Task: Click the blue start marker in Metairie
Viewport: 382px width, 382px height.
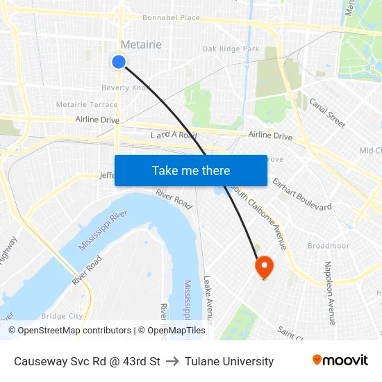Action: point(119,62)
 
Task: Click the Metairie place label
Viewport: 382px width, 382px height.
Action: point(141,45)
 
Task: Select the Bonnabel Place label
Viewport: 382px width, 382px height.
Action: point(171,18)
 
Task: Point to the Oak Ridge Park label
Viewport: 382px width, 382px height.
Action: point(231,49)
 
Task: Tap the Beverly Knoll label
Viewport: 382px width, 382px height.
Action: point(126,88)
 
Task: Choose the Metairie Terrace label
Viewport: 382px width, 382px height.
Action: point(87,105)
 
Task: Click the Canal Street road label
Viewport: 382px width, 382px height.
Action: point(327,113)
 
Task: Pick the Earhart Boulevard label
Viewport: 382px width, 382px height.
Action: point(302,194)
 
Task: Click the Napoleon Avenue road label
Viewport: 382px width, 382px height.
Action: point(329,292)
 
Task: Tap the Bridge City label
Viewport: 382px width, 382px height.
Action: point(62,316)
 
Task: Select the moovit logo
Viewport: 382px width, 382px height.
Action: point(340,360)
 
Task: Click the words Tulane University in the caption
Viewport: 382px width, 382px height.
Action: point(229,361)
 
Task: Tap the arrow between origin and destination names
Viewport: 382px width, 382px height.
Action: point(172,361)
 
